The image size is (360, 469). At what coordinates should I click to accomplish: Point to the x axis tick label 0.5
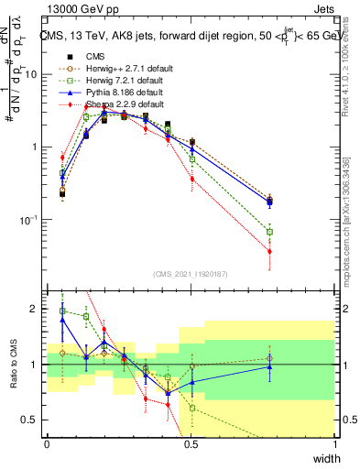[191, 444]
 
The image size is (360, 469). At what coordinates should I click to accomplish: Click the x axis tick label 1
[334, 444]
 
